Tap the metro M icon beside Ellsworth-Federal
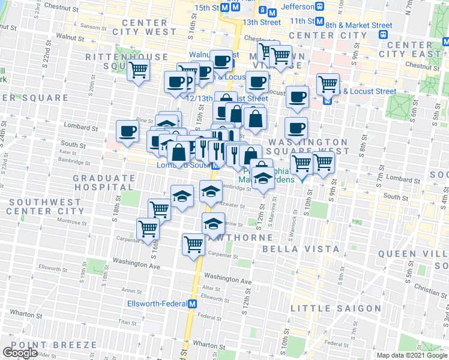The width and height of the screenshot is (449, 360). click(192, 304)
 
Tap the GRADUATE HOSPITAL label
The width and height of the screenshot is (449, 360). click(104, 183)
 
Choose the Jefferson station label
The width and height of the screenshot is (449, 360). click(297, 7)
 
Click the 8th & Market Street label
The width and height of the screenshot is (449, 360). click(359, 25)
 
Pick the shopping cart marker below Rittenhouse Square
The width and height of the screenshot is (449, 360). click(139, 70)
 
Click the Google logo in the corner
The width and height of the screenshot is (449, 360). click(20, 353)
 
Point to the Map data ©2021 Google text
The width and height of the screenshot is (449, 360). click(412, 355)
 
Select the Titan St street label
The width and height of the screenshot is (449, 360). click(127, 322)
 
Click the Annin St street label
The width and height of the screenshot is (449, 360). click(131, 290)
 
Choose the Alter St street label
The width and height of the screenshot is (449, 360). click(212, 288)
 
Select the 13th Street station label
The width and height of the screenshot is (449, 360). click(262, 22)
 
